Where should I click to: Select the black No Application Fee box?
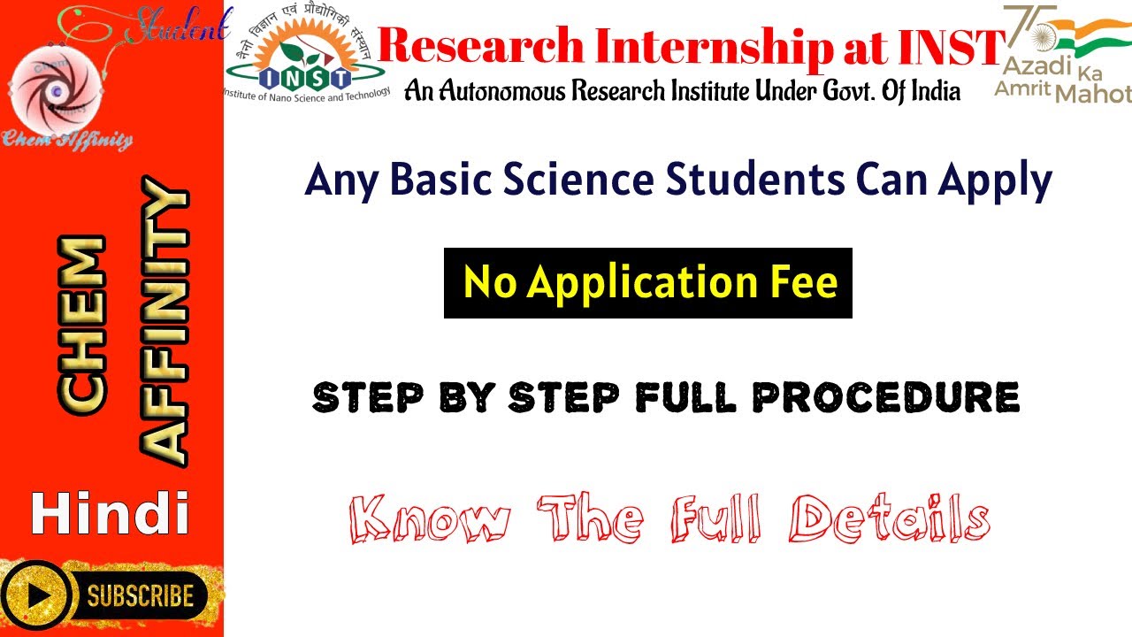(x=647, y=283)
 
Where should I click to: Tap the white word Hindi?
(x=111, y=514)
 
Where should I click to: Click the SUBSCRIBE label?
(x=140, y=595)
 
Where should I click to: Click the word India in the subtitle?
(x=932, y=90)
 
